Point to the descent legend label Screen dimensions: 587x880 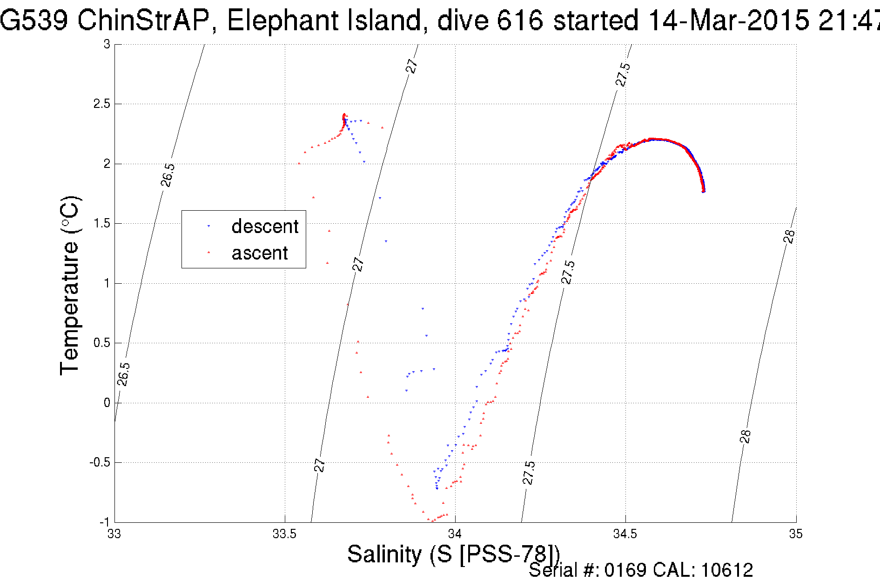click(265, 227)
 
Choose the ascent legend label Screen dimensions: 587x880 click(260, 253)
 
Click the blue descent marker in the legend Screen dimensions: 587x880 click(208, 226)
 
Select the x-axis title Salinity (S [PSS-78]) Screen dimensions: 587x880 click(453, 554)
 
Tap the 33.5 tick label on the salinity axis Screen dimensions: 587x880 click(284, 534)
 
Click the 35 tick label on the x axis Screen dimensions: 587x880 click(796, 534)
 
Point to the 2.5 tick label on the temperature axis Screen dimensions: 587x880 click(102, 104)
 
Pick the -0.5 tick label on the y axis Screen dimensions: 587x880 click(100, 463)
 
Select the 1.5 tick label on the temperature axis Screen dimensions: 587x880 click(102, 224)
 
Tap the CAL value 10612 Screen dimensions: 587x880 click(727, 570)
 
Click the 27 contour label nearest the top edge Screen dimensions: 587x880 click(412, 66)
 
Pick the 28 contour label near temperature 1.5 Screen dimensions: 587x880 click(789, 236)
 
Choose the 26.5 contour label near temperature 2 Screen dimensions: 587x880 click(168, 175)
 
